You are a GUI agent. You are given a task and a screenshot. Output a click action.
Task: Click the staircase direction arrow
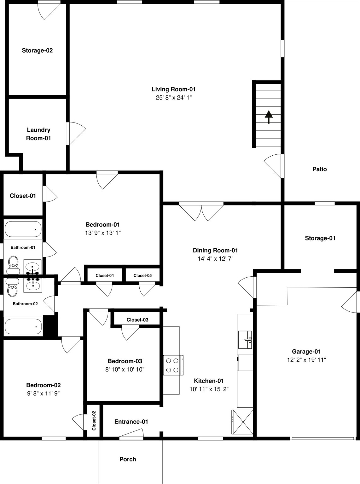point(269,117)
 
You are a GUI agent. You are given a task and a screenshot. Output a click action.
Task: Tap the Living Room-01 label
point(174,89)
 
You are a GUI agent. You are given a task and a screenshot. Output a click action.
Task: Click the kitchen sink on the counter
point(245,340)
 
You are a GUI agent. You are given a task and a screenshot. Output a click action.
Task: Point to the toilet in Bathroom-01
point(13,264)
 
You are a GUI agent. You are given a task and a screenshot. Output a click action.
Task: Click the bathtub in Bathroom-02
point(23,327)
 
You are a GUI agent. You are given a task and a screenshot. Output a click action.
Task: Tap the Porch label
point(128,459)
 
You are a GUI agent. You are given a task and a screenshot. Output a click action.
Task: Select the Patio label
point(319,169)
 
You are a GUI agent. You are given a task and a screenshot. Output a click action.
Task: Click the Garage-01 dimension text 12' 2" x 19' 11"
point(306,360)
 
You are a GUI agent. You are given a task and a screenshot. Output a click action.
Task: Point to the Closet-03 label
point(137,320)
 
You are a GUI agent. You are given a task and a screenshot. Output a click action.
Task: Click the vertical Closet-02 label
point(94,420)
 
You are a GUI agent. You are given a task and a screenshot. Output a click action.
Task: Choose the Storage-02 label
point(37,50)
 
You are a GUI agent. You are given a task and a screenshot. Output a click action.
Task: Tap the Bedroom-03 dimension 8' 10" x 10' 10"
point(125,369)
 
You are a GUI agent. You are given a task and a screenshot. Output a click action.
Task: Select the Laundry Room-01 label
point(38,134)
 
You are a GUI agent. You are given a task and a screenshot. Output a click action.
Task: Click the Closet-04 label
point(105,275)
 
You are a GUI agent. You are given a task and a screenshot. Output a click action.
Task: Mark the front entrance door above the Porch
point(131,435)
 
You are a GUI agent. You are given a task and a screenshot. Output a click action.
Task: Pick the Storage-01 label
point(320,238)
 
